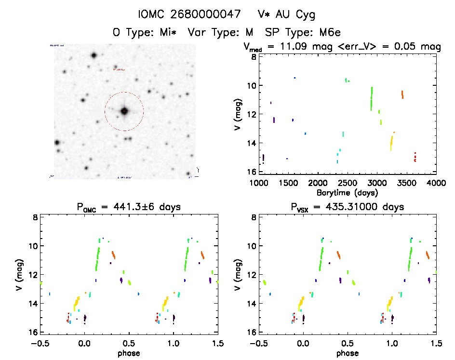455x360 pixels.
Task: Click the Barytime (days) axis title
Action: (x=348, y=193)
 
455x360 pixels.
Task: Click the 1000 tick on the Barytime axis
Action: (x=259, y=183)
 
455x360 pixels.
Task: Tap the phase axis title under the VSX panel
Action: (x=348, y=353)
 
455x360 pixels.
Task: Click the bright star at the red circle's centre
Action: (x=124, y=111)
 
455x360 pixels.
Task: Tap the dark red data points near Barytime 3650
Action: (x=415, y=157)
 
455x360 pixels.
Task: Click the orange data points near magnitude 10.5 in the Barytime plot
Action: (x=402, y=94)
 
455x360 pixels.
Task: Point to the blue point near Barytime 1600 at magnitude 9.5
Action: (x=294, y=78)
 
